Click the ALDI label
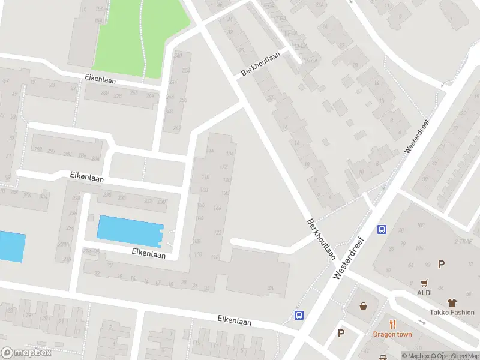(x=425, y=293)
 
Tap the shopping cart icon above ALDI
(x=425, y=283)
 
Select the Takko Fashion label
(x=452, y=312)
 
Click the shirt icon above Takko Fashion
(x=452, y=302)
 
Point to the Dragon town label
(x=392, y=334)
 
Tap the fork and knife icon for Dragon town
(x=392, y=325)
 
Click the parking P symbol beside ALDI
(x=442, y=264)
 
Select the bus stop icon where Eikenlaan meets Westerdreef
(x=298, y=316)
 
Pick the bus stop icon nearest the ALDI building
(x=382, y=229)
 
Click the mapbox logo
(x=26, y=352)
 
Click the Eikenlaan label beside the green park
(x=100, y=79)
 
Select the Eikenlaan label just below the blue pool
(x=148, y=254)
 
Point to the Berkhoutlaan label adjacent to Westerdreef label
(x=321, y=239)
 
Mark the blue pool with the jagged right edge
(x=130, y=230)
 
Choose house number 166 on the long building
(x=217, y=208)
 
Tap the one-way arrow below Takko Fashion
(x=422, y=322)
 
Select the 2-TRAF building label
(x=463, y=241)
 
